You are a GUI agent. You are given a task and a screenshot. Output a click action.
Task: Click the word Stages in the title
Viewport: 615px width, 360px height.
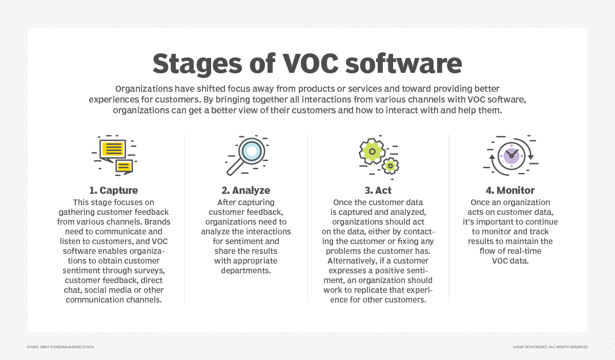click(197, 64)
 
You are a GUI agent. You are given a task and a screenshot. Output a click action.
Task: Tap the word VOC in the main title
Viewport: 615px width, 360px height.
click(311, 63)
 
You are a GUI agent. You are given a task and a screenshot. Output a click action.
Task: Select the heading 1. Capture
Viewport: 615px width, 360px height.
click(114, 190)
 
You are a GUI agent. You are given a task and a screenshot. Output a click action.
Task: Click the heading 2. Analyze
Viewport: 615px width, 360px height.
click(245, 190)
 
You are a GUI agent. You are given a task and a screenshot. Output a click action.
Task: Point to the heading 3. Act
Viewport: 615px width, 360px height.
click(378, 190)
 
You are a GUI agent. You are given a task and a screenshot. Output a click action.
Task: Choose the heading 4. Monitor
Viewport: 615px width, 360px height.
click(510, 190)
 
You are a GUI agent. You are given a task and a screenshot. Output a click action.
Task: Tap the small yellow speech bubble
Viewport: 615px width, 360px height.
click(124, 167)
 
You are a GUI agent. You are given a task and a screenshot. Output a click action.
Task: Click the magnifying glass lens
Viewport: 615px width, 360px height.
click(252, 151)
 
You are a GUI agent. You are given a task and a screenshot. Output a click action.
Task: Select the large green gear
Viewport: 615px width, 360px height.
click(372, 151)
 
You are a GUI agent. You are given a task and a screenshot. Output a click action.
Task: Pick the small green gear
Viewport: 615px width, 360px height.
click(390, 166)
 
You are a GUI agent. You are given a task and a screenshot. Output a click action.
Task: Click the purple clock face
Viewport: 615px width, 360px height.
click(511, 156)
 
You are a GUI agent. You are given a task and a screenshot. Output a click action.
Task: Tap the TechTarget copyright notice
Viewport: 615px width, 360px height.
click(550, 347)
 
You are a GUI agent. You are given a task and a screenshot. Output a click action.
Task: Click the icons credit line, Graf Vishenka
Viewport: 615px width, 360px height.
click(60, 347)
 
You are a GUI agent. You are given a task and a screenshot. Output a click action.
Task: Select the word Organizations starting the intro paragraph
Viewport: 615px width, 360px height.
click(144, 89)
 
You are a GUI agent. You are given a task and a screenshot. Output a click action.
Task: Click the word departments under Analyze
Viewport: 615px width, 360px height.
click(245, 271)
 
